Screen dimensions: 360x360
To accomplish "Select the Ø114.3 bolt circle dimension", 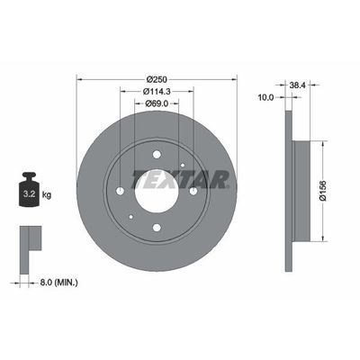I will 157,91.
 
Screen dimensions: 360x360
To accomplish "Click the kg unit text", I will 47,193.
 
